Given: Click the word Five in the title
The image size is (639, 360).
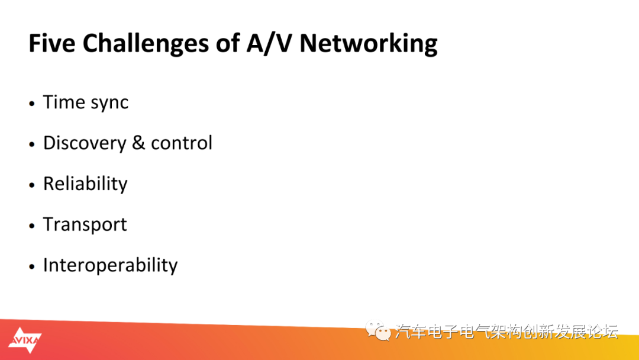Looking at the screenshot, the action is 52,43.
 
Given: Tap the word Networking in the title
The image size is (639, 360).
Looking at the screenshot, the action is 369,44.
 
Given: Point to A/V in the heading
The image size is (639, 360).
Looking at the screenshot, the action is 269,43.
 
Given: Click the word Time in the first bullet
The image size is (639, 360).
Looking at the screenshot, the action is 64,102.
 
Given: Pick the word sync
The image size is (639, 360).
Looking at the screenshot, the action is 109,104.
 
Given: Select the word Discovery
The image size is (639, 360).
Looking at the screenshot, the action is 85,143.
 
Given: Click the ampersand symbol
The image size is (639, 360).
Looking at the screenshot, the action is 138,143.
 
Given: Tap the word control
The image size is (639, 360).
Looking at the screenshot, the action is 182,143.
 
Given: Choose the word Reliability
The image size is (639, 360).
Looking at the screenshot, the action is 85,184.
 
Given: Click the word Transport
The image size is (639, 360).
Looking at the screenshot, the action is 85,225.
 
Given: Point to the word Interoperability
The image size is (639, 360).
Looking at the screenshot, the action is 111,266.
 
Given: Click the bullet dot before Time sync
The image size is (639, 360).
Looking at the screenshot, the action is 32,104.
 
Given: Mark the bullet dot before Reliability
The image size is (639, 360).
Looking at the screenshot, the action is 32,185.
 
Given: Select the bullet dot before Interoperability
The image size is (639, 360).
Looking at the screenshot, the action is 32,266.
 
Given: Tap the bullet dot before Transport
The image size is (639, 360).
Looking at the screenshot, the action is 32,226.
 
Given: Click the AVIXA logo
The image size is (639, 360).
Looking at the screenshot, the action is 25,340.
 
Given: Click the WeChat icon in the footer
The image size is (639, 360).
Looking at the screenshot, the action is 377,330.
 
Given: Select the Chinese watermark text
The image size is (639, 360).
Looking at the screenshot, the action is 506,332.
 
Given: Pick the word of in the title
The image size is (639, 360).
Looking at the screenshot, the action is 228,43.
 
